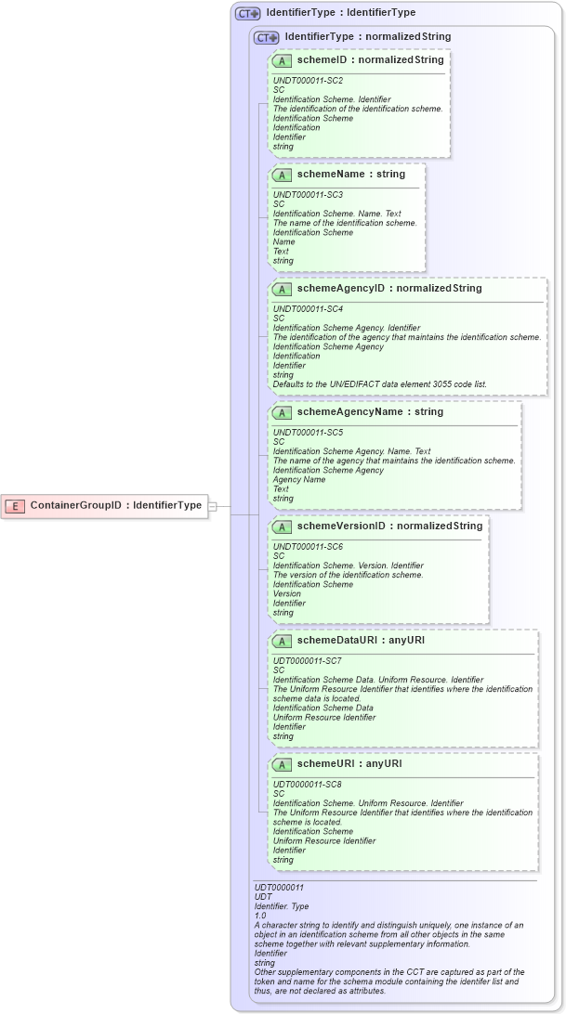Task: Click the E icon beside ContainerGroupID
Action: click(x=15, y=506)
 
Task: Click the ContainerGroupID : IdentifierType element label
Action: click(x=116, y=506)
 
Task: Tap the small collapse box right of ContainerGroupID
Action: click(x=213, y=506)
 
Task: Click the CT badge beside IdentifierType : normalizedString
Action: click(x=267, y=38)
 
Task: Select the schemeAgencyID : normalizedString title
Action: click(x=388, y=289)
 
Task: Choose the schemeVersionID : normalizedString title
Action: click(x=389, y=526)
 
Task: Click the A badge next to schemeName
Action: click(x=282, y=175)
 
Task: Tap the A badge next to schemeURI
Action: click(x=282, y=765)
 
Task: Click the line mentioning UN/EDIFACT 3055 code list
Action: click(x=379, y=383)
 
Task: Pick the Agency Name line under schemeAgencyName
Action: click(x=299, y=480)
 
